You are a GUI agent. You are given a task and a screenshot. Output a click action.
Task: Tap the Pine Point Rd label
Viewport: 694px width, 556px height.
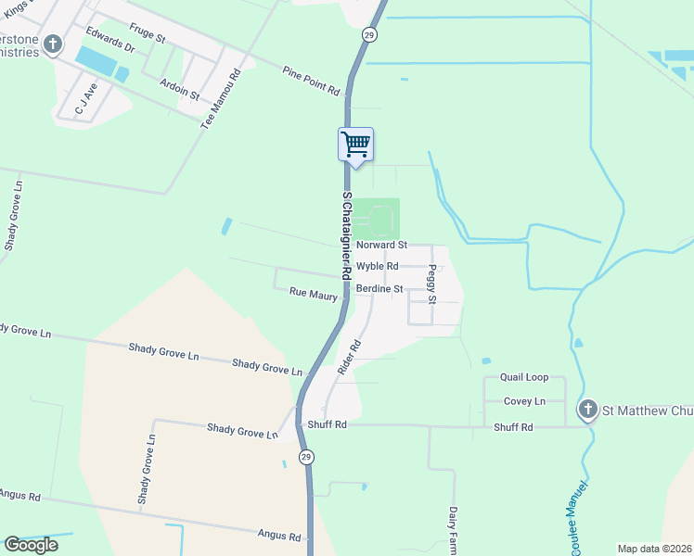(x=312, y=81)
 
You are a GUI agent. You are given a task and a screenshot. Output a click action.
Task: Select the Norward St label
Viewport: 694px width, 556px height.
(x=382, y=246)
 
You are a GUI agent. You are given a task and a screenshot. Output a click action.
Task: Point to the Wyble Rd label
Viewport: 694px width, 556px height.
(x=378, y=266)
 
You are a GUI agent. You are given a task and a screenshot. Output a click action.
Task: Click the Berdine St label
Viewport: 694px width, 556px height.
(x=379, y=289)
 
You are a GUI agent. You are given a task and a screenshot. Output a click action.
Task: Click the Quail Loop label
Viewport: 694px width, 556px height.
(x=524, y=378)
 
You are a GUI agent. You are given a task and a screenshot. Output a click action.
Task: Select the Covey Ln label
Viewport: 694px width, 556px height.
(x=524, y=401)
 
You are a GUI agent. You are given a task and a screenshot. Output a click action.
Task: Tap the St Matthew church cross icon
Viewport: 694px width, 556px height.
(x=586, y=409)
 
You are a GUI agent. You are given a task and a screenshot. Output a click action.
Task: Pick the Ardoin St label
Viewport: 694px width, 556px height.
(x=180, y=89)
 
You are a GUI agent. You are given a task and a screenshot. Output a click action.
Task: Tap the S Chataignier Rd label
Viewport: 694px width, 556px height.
(x=346, y=236)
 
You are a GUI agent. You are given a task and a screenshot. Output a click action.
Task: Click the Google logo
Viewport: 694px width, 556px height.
(x=31, y=545)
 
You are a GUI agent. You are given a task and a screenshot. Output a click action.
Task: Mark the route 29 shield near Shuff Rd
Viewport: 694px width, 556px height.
(x=306, y=457)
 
